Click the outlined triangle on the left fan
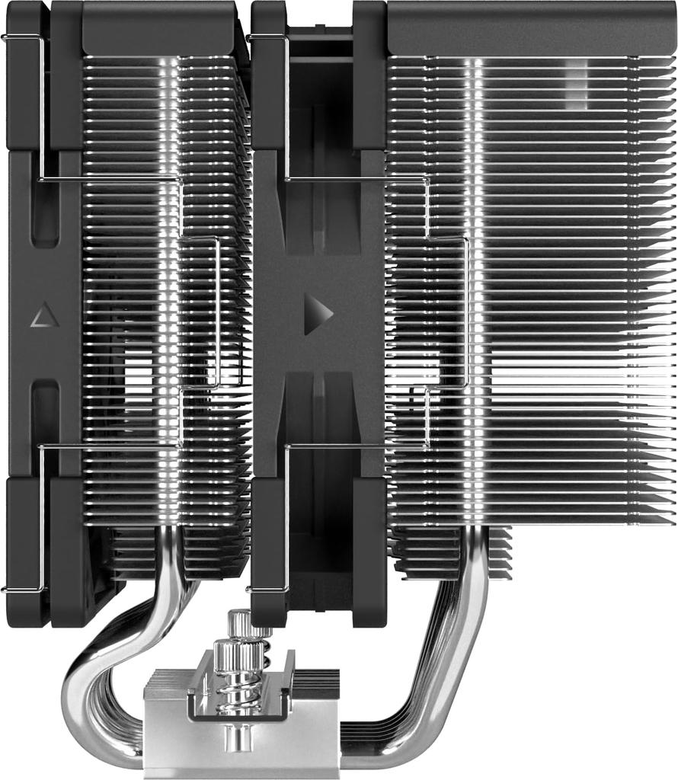point(44,315)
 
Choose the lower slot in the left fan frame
point(46,419)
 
